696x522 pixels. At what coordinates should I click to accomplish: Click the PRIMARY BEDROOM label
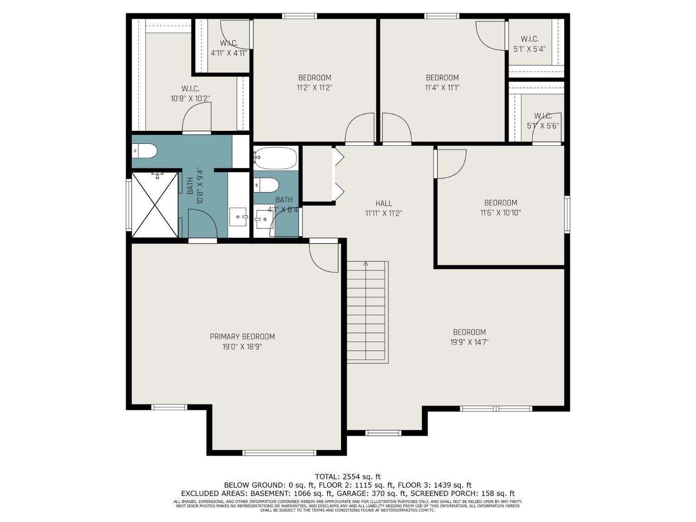[x=242, y=336]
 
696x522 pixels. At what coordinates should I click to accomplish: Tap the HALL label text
[x=384, y=203]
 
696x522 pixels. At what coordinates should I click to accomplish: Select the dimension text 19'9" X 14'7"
[x=470, y=342]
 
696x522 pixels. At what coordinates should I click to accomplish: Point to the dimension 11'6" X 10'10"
[x=501, y=213]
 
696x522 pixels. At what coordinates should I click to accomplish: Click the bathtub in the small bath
[x=276, y=158]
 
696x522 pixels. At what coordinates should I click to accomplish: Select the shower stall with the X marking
[x=155, y=205]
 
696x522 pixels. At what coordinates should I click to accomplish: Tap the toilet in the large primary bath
[x=145, y=151]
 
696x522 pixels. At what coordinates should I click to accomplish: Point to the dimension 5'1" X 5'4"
[x=529, y=49]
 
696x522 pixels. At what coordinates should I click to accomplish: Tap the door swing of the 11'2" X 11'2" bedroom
[x=361, y=129]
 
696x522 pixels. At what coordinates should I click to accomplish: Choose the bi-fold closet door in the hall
[x=338, y=174]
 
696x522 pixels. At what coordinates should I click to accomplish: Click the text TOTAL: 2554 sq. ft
[x=348, y=477]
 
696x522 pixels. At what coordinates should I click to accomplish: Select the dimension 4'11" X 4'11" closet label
[x=229, y=53]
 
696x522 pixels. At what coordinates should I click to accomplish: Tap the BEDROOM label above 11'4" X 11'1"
[x=442, y=77]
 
